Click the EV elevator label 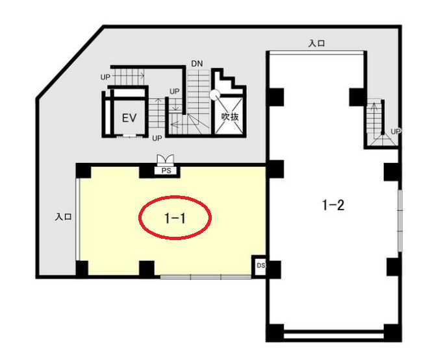click(x=129, y=118)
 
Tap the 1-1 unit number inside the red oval click(x=175, y=218)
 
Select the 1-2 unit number click(x=333, y=205)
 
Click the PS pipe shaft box click(x=166, y=171)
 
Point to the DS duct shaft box click(x=260, y=266)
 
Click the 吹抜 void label click(x=230, y=116)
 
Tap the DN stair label click(x=197, y=64)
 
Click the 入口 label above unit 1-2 click(x=316, y=43)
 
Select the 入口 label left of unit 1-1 click(x=63, y=217)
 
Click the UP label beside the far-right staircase click(x=395, y=131)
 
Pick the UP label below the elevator click(x=157, y=138)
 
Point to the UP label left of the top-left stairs click(x=105, y=77)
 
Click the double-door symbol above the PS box click(x=166, y=160)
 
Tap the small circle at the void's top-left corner click(x=215, y=95)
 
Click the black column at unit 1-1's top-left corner click(x=83, y=171)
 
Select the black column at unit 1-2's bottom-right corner click(x=392, y=332)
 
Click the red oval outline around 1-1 click(x=175, y=197)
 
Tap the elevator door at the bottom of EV click(x=129, y=136)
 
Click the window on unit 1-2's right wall click(x=401, y=221)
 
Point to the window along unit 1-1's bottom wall click(x=205, y=277)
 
